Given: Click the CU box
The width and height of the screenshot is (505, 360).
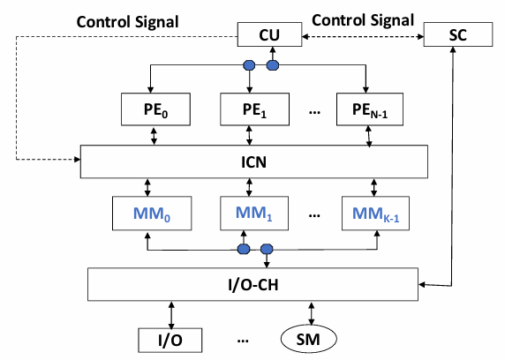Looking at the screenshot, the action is coord(269,34).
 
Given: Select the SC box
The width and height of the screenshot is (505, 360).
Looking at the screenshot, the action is coord(457,34).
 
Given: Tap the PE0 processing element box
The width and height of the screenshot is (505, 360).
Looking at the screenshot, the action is coord(155,109).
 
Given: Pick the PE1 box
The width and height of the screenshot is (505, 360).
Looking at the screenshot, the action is coord(254,109).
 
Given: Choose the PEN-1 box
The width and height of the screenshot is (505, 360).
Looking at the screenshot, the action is coord(370,109).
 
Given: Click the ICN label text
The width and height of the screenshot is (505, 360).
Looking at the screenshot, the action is coord(253,162).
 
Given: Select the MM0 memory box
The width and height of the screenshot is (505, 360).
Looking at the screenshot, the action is coord(152,214).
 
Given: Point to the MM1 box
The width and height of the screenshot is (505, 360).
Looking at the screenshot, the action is coord(254,214).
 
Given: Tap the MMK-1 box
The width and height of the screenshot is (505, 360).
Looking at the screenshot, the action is coord(375,214).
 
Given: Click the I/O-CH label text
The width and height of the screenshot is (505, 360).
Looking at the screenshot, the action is coord(253,285).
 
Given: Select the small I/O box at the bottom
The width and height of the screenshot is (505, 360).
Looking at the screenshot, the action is coord(170,340).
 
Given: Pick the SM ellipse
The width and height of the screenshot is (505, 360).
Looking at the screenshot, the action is coord(309,339).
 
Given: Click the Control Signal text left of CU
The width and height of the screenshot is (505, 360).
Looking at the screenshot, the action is coord(127,22).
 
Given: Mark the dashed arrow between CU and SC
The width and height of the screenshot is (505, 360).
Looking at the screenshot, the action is coord(363,37).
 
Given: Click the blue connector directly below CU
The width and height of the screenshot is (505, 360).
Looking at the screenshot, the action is coord(273,65).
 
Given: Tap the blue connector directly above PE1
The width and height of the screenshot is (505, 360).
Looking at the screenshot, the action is coord(249,65).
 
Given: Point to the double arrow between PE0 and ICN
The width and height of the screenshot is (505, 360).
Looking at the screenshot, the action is coord(154,136).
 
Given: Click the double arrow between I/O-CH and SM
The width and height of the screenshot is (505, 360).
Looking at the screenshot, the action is coord(312,313).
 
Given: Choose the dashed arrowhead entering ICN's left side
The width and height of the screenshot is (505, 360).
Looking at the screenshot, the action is coord(78,159).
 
